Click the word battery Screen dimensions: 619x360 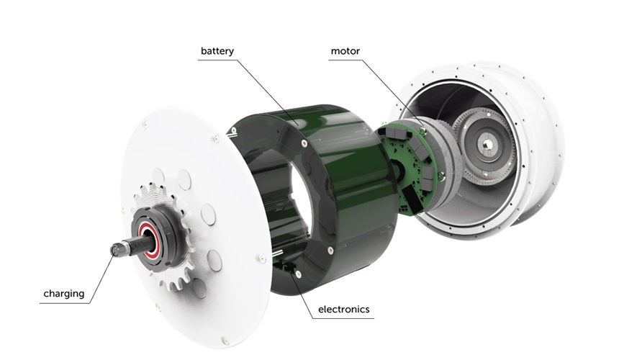point(217,51)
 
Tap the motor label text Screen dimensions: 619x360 point(345,51)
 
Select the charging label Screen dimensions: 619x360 point(64,294)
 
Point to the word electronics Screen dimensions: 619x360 point(344,309)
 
